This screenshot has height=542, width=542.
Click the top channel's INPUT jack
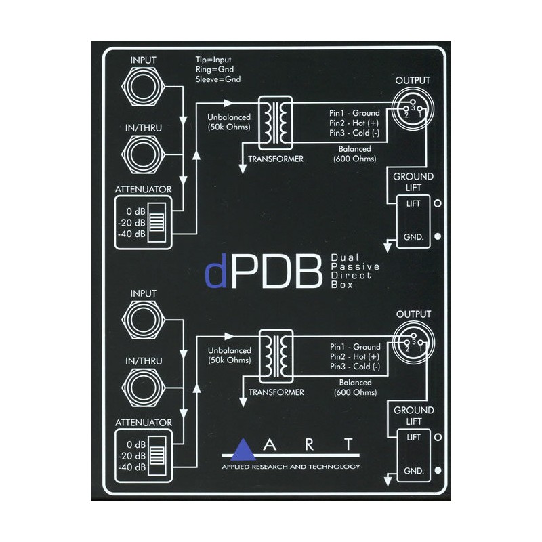pyautogui.click(x=144, y=87)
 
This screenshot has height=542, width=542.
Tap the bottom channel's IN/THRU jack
pyautogui.click(x=144, y=388)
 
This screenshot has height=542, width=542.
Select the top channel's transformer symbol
pyautogui.click(x=276, y=123)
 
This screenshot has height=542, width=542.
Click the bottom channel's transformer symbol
pyautogui.click(x=276, y=356)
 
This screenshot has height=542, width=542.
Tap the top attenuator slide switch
pyautogui.click(x=157, y=222)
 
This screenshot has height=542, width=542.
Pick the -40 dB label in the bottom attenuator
pyautogui.click(x=131, y=467)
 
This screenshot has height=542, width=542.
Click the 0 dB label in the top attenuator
pyautogui.click(x=136, y=211)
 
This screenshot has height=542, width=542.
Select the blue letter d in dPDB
pyautogui.click(x=216, y=271)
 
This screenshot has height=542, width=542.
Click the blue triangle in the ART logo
pyautogui.click(x=244, y=449)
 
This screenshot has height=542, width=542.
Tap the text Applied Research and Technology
pyautogui.click(x=291, y=467)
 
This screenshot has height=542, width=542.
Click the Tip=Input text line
pyautogui.click(x=213, y=60)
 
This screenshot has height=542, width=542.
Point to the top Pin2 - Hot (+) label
pyautogui.click(x=354, y=123)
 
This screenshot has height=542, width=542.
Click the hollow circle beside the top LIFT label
pyautogui.click(x=438, y=203)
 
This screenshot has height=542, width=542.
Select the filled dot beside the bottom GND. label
pyautogui.click(x=438, y=470)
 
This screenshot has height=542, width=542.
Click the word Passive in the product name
pyautogui.click(x=355, y=266)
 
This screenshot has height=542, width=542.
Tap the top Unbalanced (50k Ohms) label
pyautogui.click(x=229, y=122)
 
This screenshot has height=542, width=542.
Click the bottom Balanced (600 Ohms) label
pyautogui.click(x=355, y=388)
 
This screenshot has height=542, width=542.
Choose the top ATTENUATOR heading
pyautogui.click(x=143, y=190)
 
